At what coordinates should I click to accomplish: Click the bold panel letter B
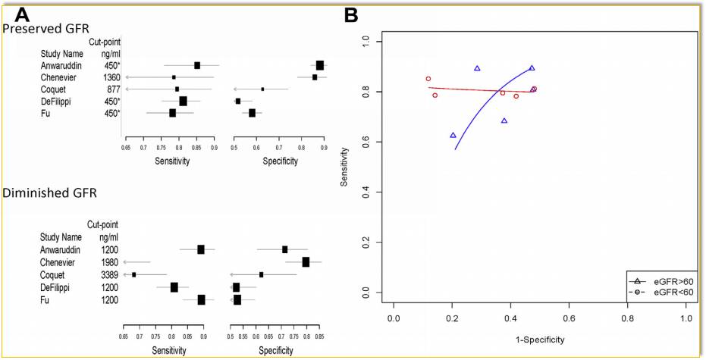(x=352, y=14)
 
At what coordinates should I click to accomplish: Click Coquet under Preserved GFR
(x=54, y=89)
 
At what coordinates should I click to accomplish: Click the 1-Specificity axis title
(x=540, y=337)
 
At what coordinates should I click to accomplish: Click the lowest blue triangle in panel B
(x=453, y=135)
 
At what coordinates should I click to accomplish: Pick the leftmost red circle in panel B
(x=428, y=79)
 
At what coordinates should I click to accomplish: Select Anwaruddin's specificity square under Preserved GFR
(x=320, y=65)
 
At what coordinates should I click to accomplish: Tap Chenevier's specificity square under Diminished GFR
(x=306, y=262)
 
